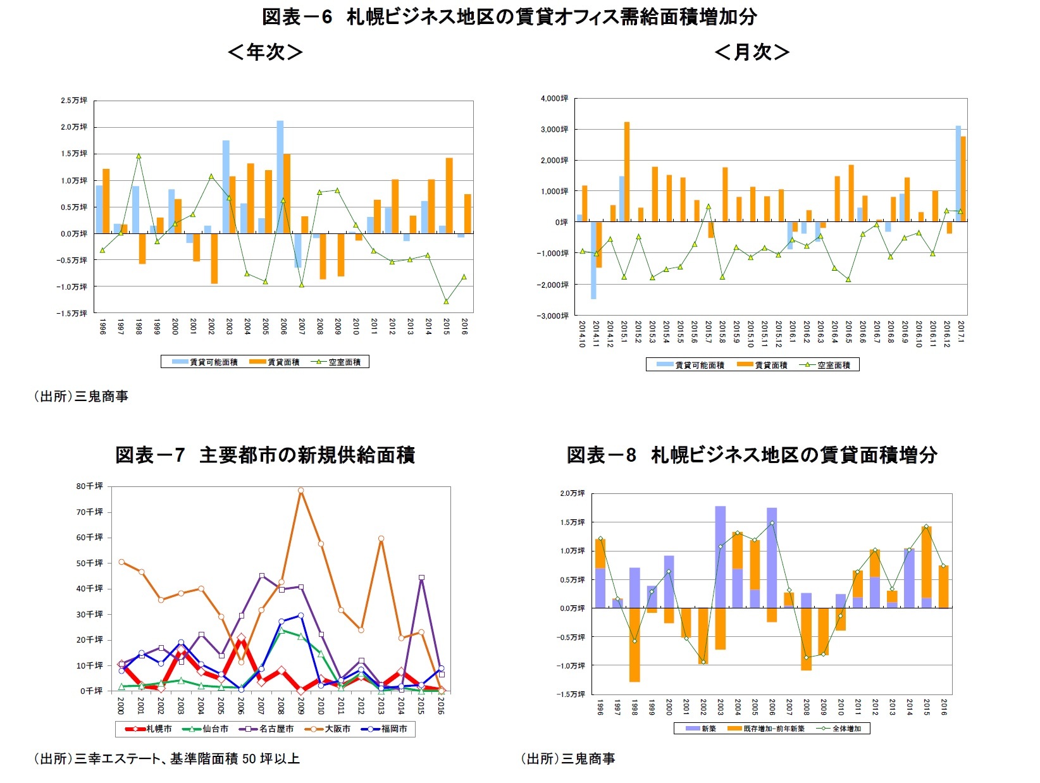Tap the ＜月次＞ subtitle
pyautogui.click(x=752, y=52)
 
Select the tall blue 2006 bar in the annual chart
pyautogui.click(x=280, y=177)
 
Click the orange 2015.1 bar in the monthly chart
pyautogui.click(x=627, y=171)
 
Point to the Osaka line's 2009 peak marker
pyautogui.click(x=300, y=490)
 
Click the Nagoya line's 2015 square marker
pyautogui.click(x=421, y=577)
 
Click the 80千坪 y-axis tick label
pyautogui.click(x=89, y=486)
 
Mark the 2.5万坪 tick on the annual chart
pyautogui.click(x=73, y=101)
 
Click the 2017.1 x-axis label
pyautogui.click(x=961, y=333)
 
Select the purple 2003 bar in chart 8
pyautogui.click(x=720, y=557)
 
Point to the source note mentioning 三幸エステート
pyautogui.click(x=166, y=758)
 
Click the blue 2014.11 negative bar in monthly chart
pyautogui.click(x=593, y=260)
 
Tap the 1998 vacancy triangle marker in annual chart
pyautogui.click(x=139, y=156)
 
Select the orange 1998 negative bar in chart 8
pyautogui.click(x=634, y=644)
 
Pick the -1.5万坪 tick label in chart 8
pyautogui.click(x=572, y=694)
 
